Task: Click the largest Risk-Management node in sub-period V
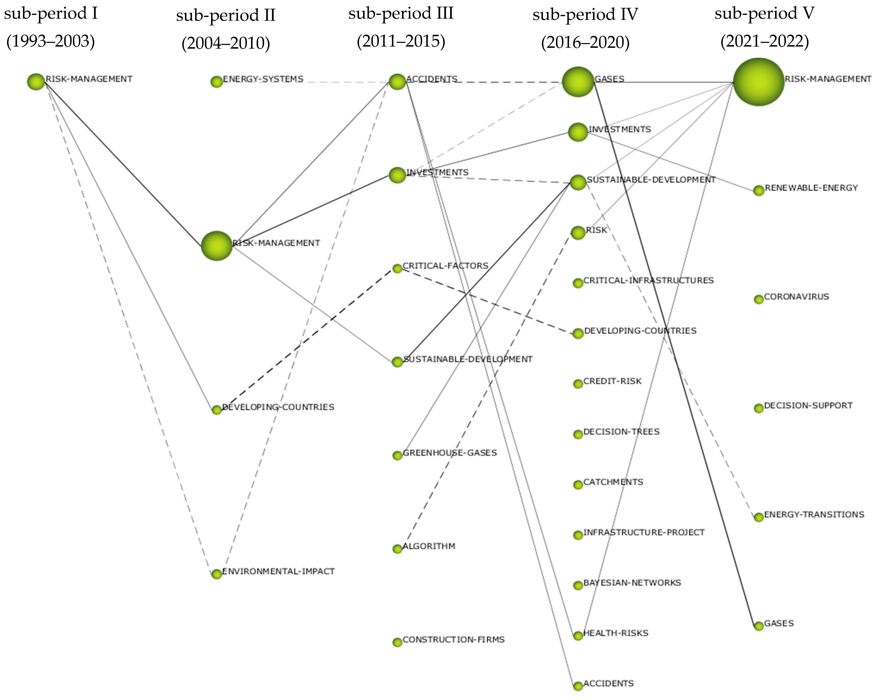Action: click(758, 82)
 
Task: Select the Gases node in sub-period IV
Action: click(578, 82)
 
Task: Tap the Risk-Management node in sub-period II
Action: click(216, 246)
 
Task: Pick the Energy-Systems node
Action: click(216, 82)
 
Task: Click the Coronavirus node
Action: click(758, 299)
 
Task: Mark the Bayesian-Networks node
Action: click(578, 586)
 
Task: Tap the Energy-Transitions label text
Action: click(814, 514)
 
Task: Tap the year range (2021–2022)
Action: click(764, 42)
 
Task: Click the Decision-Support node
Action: click(758, 408)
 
